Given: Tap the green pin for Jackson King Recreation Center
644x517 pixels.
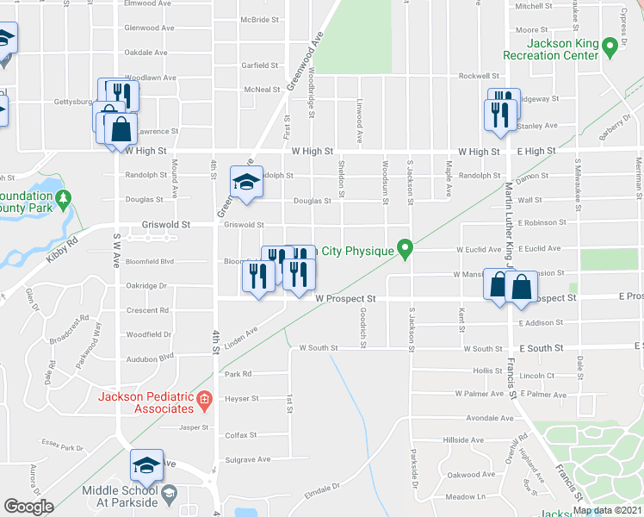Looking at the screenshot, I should click(x=610, y=45).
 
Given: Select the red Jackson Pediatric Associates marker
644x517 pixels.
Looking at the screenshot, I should click(x=204, y=398).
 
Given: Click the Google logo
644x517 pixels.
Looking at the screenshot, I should click(x=28, y=507).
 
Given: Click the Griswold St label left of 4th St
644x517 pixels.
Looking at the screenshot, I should click(x=164, y=224).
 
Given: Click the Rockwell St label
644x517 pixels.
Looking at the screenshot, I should click(x=479, y=76).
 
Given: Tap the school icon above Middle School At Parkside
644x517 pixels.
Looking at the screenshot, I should click(x=146, y=465).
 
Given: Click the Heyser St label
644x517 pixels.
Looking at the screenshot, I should click(x=241, y=399).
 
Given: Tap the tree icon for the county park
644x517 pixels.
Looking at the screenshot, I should click(x=62, y=200).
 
